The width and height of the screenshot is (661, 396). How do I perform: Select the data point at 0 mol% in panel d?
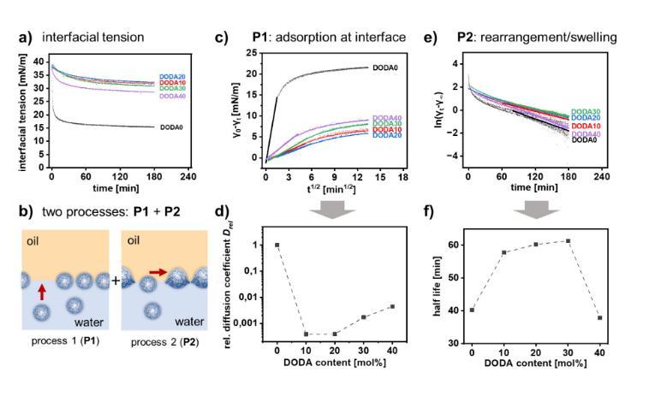(277, 245)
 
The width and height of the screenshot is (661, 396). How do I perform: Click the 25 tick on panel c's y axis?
(251, 52)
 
